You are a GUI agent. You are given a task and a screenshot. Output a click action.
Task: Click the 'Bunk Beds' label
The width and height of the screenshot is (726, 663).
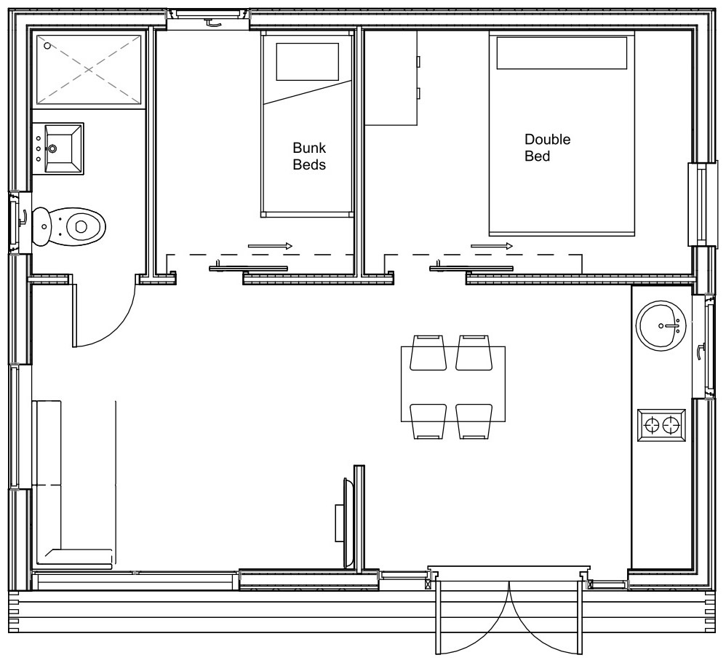[308, 156]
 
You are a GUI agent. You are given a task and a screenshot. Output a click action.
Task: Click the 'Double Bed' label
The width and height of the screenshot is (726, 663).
[547, 147]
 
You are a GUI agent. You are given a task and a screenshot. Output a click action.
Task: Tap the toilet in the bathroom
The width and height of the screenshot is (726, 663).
[73, 226]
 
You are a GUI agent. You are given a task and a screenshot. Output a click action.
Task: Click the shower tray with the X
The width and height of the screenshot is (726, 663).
[88, 70]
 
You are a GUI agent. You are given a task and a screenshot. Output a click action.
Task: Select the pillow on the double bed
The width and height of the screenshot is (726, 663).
[561, 52]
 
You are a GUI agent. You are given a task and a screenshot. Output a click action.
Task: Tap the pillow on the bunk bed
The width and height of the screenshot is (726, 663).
[307, 61]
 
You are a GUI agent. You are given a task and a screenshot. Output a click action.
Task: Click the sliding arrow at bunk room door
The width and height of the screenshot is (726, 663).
[270, 246]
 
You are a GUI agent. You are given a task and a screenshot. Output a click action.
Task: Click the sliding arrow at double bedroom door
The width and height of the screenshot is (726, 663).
[492, 246]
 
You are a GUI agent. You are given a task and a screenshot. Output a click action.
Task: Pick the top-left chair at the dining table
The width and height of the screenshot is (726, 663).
[428, 352]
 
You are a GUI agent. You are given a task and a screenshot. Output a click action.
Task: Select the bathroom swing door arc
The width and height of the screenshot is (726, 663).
[109, 320]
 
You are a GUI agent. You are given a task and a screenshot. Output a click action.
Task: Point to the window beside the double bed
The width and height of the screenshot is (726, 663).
[698, 204]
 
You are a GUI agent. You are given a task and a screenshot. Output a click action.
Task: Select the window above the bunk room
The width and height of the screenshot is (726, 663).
[209, 19]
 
